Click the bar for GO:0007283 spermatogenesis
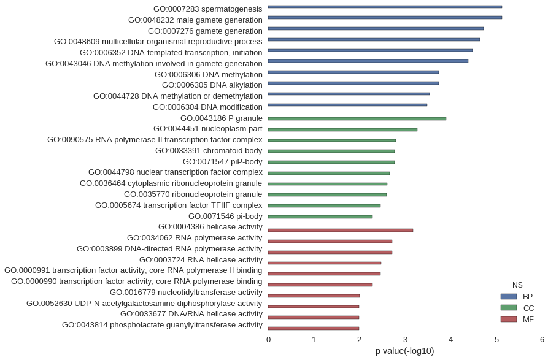pos(385,7)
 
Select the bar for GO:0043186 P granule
pos(357,118)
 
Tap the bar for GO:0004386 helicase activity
pos(341,230)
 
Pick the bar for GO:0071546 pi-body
pos(320,216)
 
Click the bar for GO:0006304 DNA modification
pos(347,105)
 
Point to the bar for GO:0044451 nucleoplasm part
pos(342,129)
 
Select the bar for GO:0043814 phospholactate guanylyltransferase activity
pos(314,328)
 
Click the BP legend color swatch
pos(508,297)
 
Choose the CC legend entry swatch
pos(508,308)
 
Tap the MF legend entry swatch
pos(508,319)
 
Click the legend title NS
pos(517,285)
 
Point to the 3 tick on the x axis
pos(405,339)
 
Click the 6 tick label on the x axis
pos(542,339)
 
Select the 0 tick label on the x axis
pos(268,339)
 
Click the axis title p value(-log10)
pos(404,351)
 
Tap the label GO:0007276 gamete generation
pos(205,31)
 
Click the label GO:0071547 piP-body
pos(222,162)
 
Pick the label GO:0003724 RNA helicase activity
pos(201,259)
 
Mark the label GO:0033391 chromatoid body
pos(209,151)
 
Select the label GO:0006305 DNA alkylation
pos(212,85)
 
